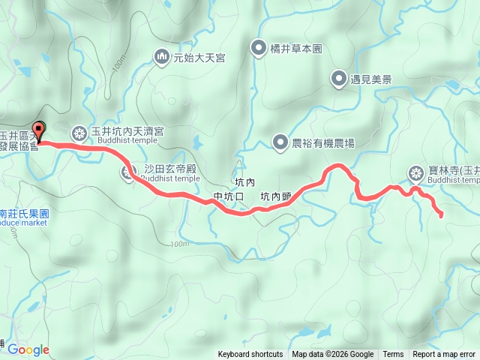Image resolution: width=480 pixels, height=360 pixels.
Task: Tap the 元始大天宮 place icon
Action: [161, 56]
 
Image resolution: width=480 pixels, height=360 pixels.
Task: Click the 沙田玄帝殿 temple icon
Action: [127, 173]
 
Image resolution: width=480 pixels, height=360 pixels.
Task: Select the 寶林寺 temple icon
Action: [415, 174]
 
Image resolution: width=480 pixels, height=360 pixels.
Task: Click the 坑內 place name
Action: [244, 183]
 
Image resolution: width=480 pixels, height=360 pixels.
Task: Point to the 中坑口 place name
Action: [229, 197]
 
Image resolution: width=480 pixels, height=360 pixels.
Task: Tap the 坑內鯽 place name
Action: [274, 197]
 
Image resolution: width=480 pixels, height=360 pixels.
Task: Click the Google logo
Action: [28, 349]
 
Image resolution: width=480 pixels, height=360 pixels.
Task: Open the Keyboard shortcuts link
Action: [250, 355]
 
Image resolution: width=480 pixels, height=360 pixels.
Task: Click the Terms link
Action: [393, 355]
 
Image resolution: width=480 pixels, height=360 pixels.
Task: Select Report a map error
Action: [444, 355]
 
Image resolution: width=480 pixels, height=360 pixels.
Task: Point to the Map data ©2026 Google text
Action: [333, 355]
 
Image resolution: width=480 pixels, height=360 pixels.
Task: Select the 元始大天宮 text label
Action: [199, 57]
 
